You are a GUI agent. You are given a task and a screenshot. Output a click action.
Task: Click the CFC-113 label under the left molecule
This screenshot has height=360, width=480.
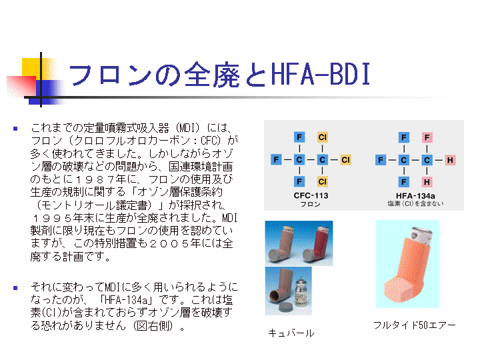point(311,195)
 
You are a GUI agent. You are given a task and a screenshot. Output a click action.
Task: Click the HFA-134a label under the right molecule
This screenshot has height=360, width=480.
point(415,195)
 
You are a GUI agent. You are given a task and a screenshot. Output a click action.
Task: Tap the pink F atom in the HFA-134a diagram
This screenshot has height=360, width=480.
point(427,137)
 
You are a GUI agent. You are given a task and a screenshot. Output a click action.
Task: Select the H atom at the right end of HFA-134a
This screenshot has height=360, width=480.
point(450,160)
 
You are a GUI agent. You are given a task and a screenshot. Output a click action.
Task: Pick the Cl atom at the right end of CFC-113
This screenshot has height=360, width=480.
point(345,159)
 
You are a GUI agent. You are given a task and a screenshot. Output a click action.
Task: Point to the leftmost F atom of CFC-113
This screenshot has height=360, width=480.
point(276,159)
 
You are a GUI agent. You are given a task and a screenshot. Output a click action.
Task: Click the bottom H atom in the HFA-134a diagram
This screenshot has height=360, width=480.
point(427,182)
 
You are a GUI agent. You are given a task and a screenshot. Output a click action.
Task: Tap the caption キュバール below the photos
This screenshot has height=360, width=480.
point(291,333)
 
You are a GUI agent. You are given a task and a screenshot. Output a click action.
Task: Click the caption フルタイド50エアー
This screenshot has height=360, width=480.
point(415,325)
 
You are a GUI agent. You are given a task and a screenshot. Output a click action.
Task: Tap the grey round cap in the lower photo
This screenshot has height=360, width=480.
point(285,307)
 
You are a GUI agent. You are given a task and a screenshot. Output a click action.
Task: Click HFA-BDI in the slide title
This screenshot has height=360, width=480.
point(321,74)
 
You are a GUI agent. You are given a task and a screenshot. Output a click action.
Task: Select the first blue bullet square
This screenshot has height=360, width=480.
point(15,129)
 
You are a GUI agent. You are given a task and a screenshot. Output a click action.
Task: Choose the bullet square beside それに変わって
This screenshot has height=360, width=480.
point(15,288)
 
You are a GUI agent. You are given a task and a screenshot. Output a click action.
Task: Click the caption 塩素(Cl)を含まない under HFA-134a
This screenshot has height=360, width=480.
point(415,203)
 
